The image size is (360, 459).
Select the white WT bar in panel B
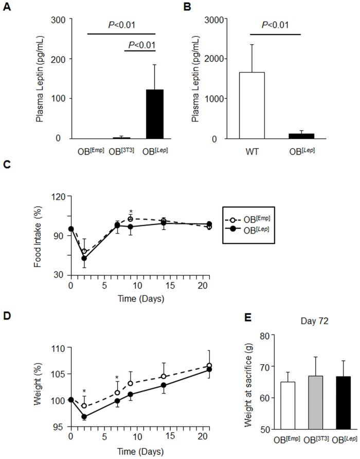[x=252, y=105]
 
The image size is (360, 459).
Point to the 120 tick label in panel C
[x=57, y=196]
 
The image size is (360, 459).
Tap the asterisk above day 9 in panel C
[x=131, y=211]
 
